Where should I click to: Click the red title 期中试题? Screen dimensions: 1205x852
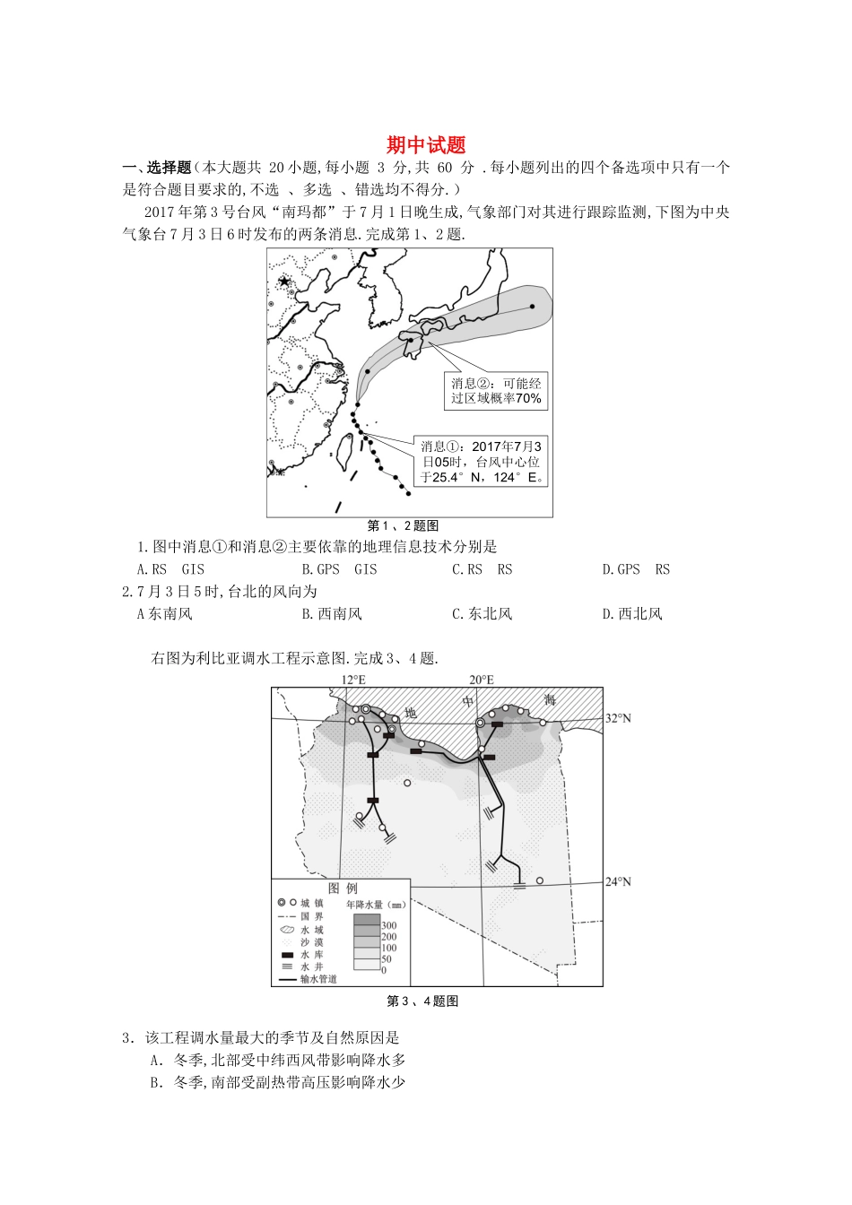pos(426,145)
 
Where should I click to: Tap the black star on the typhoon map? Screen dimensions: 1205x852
pos(285,282)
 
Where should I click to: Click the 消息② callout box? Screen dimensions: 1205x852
pos(496,391)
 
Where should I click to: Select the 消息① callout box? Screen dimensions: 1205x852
pos(483,462)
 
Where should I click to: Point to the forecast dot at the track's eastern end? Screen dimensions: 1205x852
pos(532,307)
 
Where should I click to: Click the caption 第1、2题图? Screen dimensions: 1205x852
pos(403,526)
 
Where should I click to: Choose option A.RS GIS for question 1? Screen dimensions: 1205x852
pos(170,569)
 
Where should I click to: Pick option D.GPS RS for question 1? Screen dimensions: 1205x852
pos(636,569)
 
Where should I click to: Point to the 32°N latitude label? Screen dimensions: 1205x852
pos(618,718)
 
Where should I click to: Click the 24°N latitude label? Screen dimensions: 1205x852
pos(618,882)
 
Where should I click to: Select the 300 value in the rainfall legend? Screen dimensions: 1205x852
pos(389,925)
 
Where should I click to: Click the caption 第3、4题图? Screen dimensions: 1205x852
pos(422,1001)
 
